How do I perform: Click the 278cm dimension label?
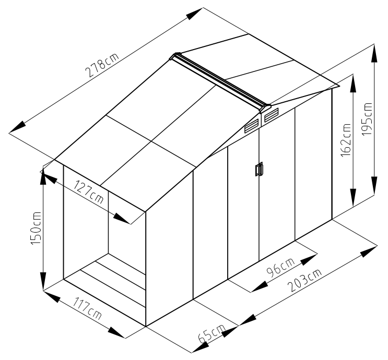point(102,65)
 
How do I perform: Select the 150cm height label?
point(36,228)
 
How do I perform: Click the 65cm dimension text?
point(212,333)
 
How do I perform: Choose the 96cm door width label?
point(280,267)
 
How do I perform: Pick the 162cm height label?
point(346,140)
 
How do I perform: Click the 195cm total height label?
point(367,118)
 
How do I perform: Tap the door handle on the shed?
point(259,169)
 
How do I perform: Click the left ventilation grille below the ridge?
point(252,127)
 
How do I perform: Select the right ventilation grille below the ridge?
point(271,115)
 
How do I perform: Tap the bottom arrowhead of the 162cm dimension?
point(354,197)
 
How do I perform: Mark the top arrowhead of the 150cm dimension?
point(43,176)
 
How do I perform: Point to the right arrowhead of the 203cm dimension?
point(369,251)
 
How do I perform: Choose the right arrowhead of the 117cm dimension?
point(117,332)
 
